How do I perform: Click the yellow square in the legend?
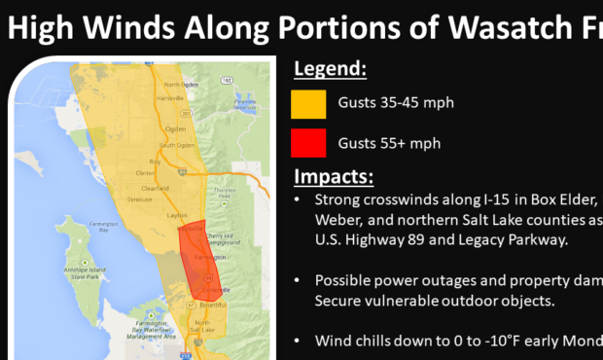[308, 104]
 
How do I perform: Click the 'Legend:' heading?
[331, 70]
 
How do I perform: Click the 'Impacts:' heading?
[333, 178]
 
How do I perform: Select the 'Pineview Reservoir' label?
[244, 102]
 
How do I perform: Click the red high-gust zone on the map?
[198, 263]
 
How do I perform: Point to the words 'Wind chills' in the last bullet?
[355, 341]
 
